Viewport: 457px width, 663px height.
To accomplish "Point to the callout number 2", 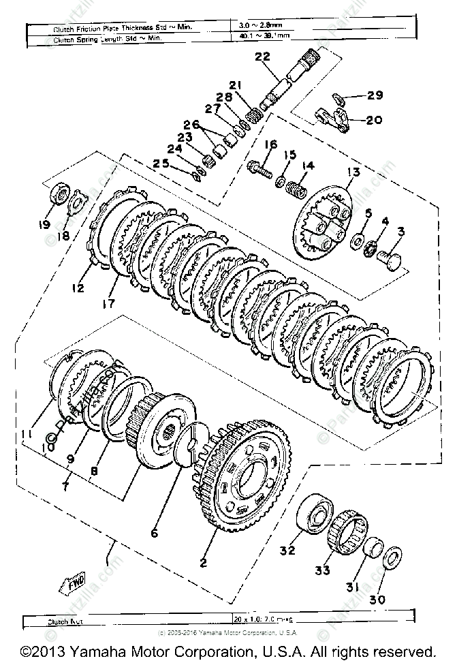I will (202, 562).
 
